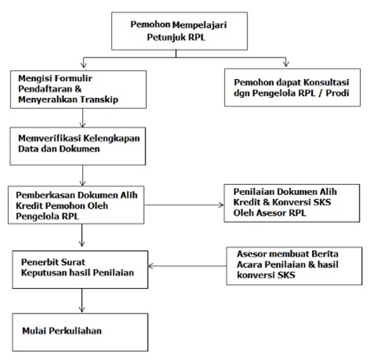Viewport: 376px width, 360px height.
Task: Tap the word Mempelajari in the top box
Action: coord(200,24)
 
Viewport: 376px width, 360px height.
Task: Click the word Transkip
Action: coord(99,99)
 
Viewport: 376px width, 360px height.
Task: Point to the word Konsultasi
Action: coord(326,82)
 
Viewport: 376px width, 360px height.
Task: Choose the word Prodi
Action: coord(337,93)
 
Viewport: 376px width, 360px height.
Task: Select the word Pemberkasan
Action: coord(45,195)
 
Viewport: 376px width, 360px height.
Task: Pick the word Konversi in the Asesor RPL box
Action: coord(289,202)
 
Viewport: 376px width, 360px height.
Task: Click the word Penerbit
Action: coord(39,262)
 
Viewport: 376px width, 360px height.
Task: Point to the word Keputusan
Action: coord(43,273)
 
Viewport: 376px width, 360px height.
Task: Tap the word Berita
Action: coord(325,253)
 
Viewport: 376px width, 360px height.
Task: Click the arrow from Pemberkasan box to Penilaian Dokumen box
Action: coord(184,205)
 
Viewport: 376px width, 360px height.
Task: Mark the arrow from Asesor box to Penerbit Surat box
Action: coord(187,266)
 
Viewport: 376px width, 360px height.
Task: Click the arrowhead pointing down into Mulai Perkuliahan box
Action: coord(82,309)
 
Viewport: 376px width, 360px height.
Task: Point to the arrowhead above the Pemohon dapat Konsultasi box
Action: coord(286,63)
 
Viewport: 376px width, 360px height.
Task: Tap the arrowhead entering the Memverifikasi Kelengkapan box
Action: coord(83,124)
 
